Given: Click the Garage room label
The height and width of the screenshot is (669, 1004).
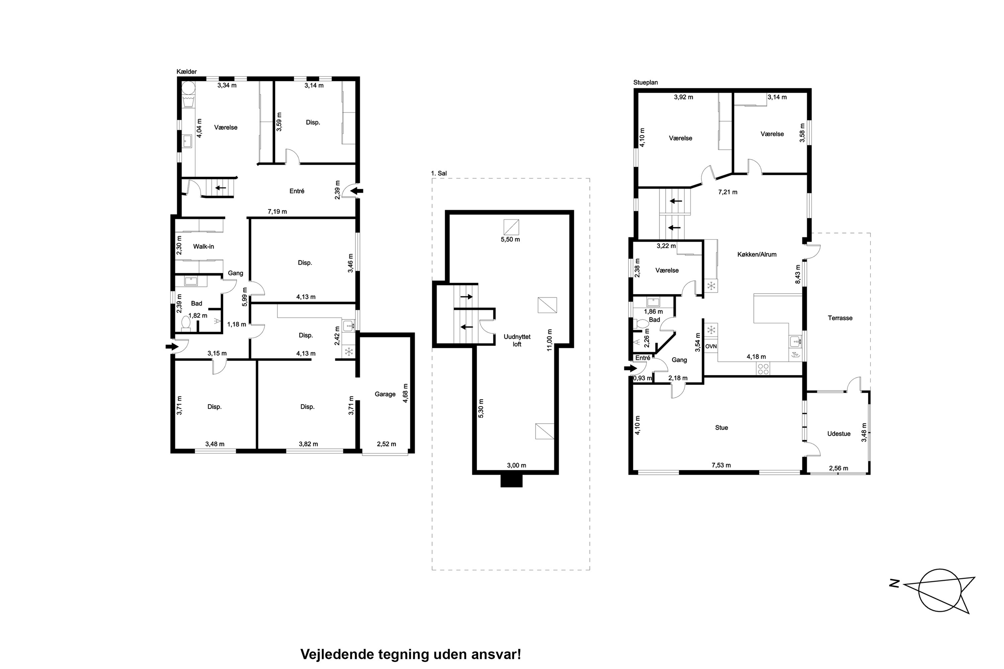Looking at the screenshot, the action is pyautogui.click(x=385, y=394).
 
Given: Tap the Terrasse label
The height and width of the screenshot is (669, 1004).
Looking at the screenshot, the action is pyautogui.click(x=840, y=318).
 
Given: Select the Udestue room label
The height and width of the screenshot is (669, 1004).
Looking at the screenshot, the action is pyautogui.click(x=838, y=434).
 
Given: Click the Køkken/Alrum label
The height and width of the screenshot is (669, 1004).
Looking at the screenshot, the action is pyautogui.click(x=757, y=254).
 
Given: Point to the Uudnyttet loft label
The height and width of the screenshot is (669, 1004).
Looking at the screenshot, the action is pyautogui.click(x=517, y=341).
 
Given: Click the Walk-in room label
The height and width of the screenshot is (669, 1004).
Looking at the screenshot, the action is pyautogui.click(x=203, y=246).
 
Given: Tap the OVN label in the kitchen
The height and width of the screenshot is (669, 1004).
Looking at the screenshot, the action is pyautogui.click(x=711, y=347).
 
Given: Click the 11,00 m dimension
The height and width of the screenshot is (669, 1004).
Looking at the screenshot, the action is pyautogui.click(x=550, y=340).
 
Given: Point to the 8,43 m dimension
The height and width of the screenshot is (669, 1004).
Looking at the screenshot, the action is pyautogui.click(x=798, y=274).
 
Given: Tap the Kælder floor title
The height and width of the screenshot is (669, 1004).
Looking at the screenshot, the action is pyautogui.click(x=186, y=72).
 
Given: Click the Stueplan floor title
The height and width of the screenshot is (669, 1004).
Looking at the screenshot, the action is pyautogui.click(x=646, y=82).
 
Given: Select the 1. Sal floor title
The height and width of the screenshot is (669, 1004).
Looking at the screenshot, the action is pyautogui.click(x=439, y=173).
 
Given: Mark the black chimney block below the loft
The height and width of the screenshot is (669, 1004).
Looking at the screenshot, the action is pyautogui.click(x=511, y=481).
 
